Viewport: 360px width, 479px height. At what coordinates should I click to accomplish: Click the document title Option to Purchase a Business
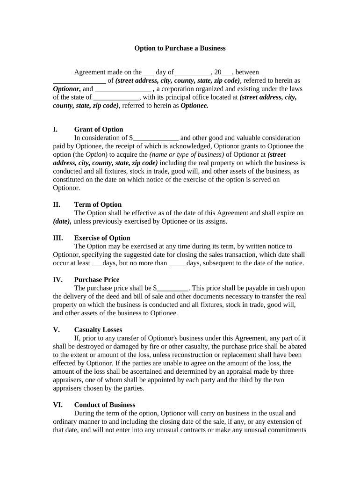tap(180, 48)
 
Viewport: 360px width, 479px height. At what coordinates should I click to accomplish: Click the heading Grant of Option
tap(99, 130)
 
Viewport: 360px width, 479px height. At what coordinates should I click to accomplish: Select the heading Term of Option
tap(98, 204)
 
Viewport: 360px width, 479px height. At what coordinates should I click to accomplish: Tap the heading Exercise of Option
tap(102, 238)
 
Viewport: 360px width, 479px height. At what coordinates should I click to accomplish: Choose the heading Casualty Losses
tap(98, 330)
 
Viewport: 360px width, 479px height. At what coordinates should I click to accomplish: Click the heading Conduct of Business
tap(105, 405)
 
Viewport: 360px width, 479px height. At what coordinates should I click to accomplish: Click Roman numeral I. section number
tap(56, 130)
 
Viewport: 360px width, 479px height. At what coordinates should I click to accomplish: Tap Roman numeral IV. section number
tap(58, 280)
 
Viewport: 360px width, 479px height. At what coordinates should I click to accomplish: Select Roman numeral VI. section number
tap(58, 405)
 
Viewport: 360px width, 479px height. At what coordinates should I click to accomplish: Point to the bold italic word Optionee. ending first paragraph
tap(194, 106)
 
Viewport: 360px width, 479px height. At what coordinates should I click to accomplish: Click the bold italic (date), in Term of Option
tap(62, 221)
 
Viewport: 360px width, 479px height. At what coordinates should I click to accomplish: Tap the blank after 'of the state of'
tap(116, 98)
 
